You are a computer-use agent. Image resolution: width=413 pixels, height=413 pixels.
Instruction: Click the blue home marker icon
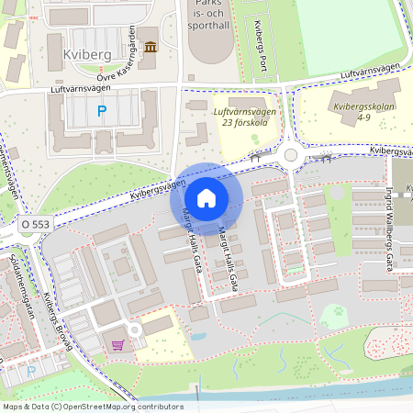[x=206, y=198]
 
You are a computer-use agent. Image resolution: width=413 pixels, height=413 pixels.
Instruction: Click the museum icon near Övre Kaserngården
[x=150, y=47]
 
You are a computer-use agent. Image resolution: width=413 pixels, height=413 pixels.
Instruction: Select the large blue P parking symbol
[x=102, y=112]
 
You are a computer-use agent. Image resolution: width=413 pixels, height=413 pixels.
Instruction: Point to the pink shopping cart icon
[x=117, y=345]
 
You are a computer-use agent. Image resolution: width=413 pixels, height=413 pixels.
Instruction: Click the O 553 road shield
[x=35, y=223]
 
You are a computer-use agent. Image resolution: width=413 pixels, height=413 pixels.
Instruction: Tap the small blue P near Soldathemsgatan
[x=31, y=373]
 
